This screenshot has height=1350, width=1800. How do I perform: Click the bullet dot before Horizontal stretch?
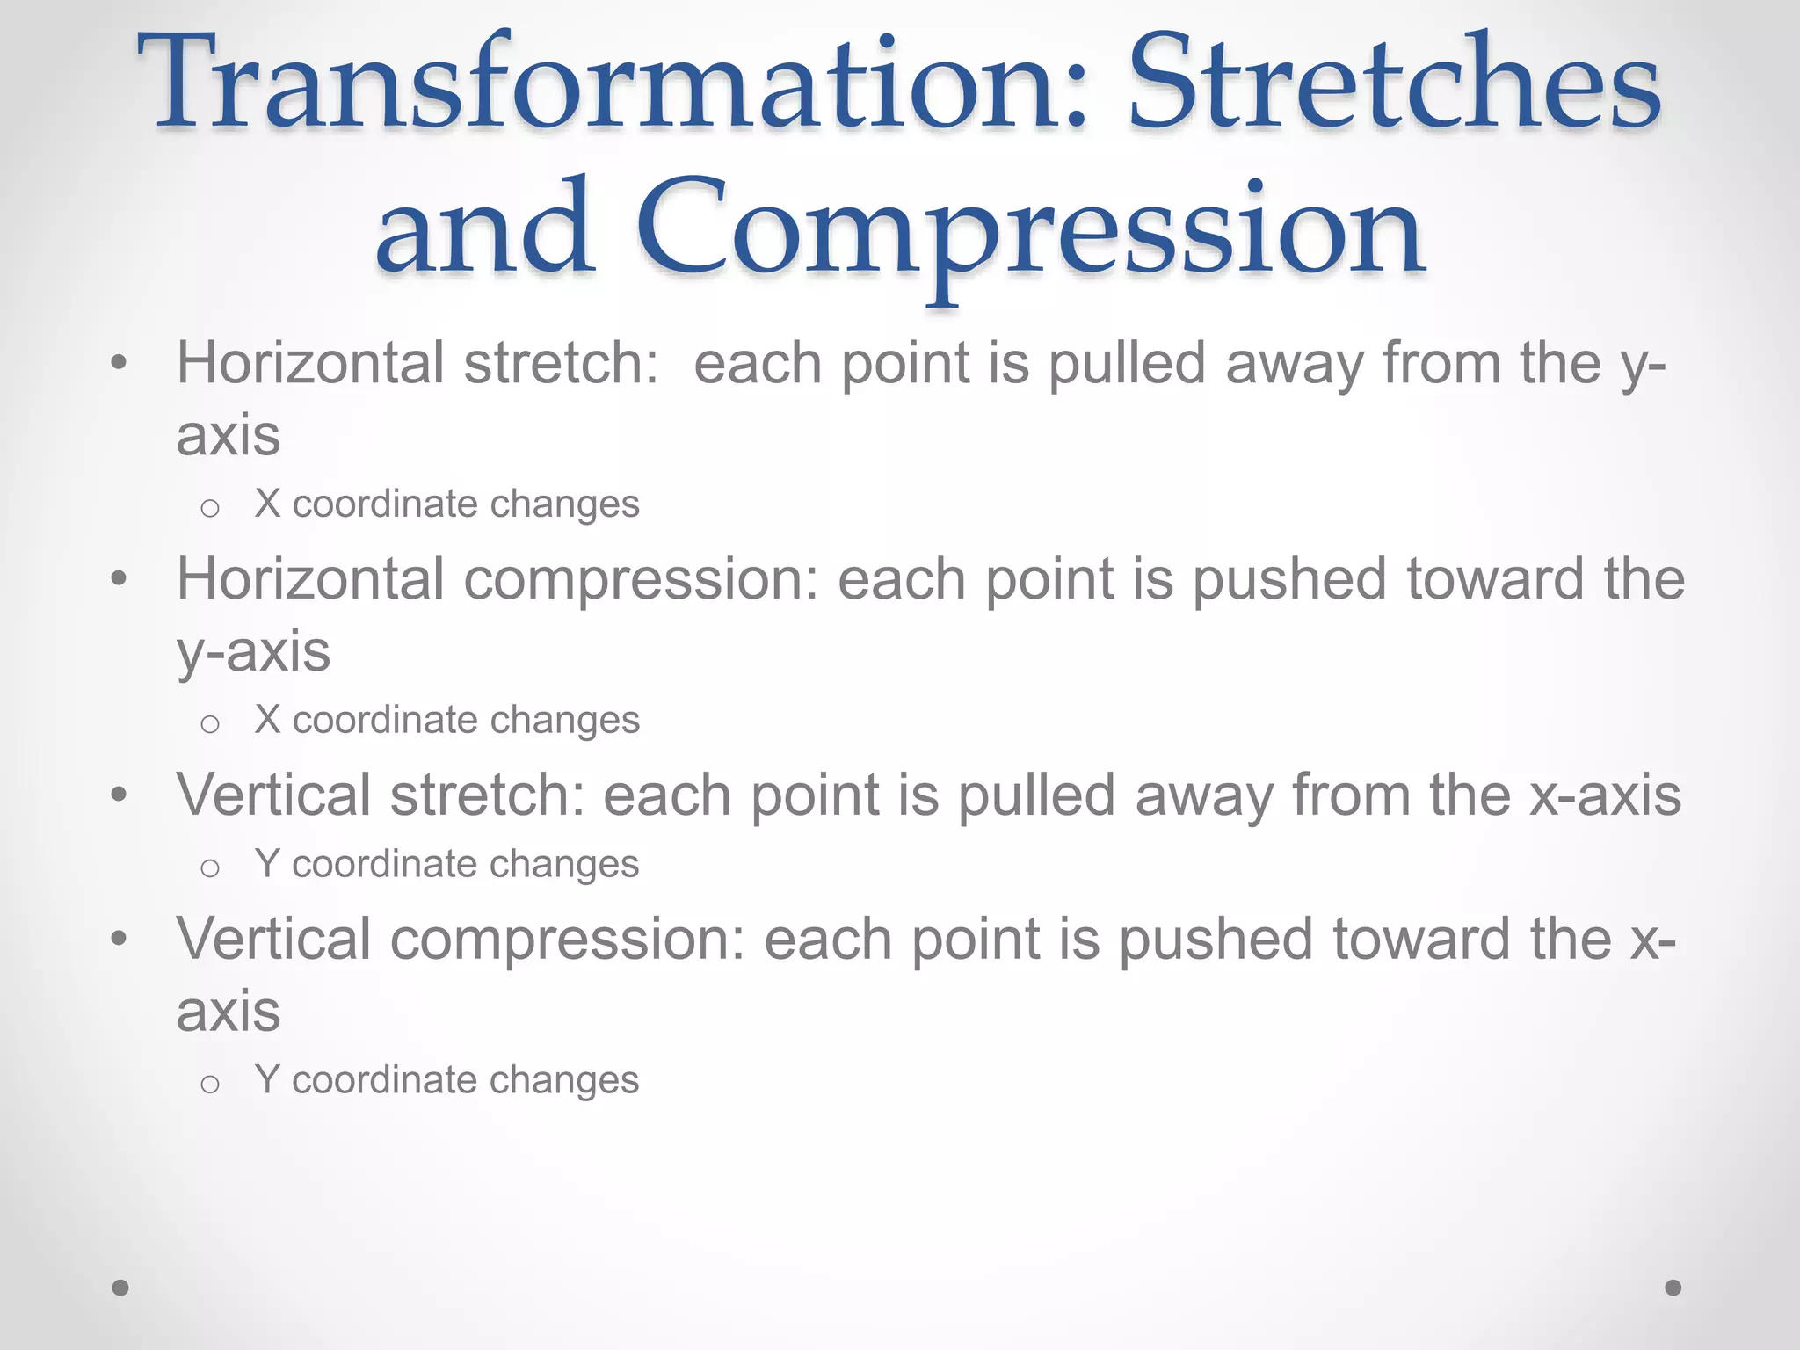pyautogui.click(x=120, y=363)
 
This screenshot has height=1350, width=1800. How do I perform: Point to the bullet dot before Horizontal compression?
pyautogui.click(x=120, y=579)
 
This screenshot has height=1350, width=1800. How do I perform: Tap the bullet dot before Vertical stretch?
pyautogui.click(x=120, y=795)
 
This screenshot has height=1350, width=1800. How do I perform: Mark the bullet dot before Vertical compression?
pyautogui.click(x=120, y=939)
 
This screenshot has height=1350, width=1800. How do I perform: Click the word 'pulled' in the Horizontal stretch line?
pyautogui.click(x=1127, y=365)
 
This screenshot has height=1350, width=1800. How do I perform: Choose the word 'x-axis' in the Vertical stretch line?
pyautogui.click(x=1605, y=795)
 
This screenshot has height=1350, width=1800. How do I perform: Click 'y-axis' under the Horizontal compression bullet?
pyautogui.click(x=253, y=652)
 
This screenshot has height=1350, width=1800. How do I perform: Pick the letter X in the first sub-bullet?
pyautogui.click(x=267, y=504)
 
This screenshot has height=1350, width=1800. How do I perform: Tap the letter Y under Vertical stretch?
pyautogui.click(x=267, y=864)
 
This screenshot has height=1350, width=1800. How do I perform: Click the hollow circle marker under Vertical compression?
pyautogui.click(x=209, y=1084)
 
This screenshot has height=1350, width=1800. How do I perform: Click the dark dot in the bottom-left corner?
pyautogui.click(x=120, y=1288)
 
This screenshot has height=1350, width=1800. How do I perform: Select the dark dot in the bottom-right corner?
pyautogui.click(x=1673, y=1288)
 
